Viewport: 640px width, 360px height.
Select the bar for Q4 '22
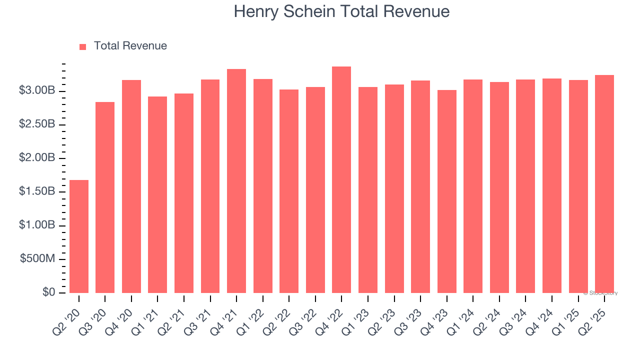[341, 179]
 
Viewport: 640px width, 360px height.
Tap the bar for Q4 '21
[236, 181]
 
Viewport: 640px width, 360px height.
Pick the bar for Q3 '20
[105, 197]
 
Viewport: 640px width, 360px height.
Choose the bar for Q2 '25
[604, 184]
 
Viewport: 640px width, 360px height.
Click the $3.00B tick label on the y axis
[37, 91]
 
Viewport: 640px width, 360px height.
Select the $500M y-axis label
[37, 259]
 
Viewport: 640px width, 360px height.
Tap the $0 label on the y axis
[48, 292]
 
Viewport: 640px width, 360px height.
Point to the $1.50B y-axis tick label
[37, 192]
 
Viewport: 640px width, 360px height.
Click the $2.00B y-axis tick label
[37, 158]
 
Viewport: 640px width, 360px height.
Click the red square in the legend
[83, 46]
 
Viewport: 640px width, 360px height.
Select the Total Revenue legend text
[130, 46]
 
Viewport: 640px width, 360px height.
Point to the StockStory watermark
[600, 293]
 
